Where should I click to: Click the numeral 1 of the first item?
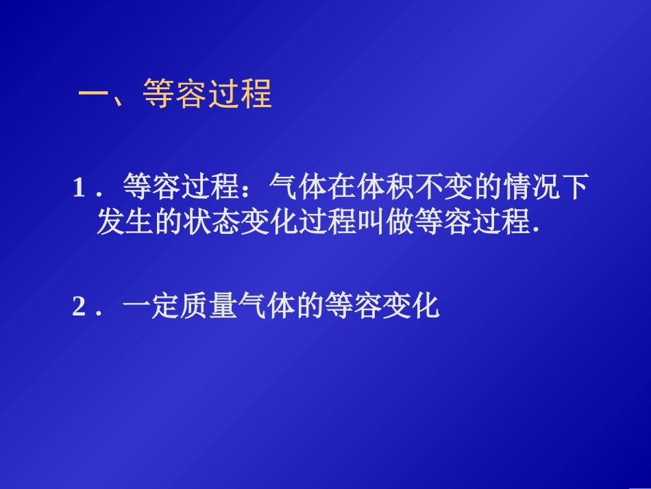(x=78, y=187)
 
